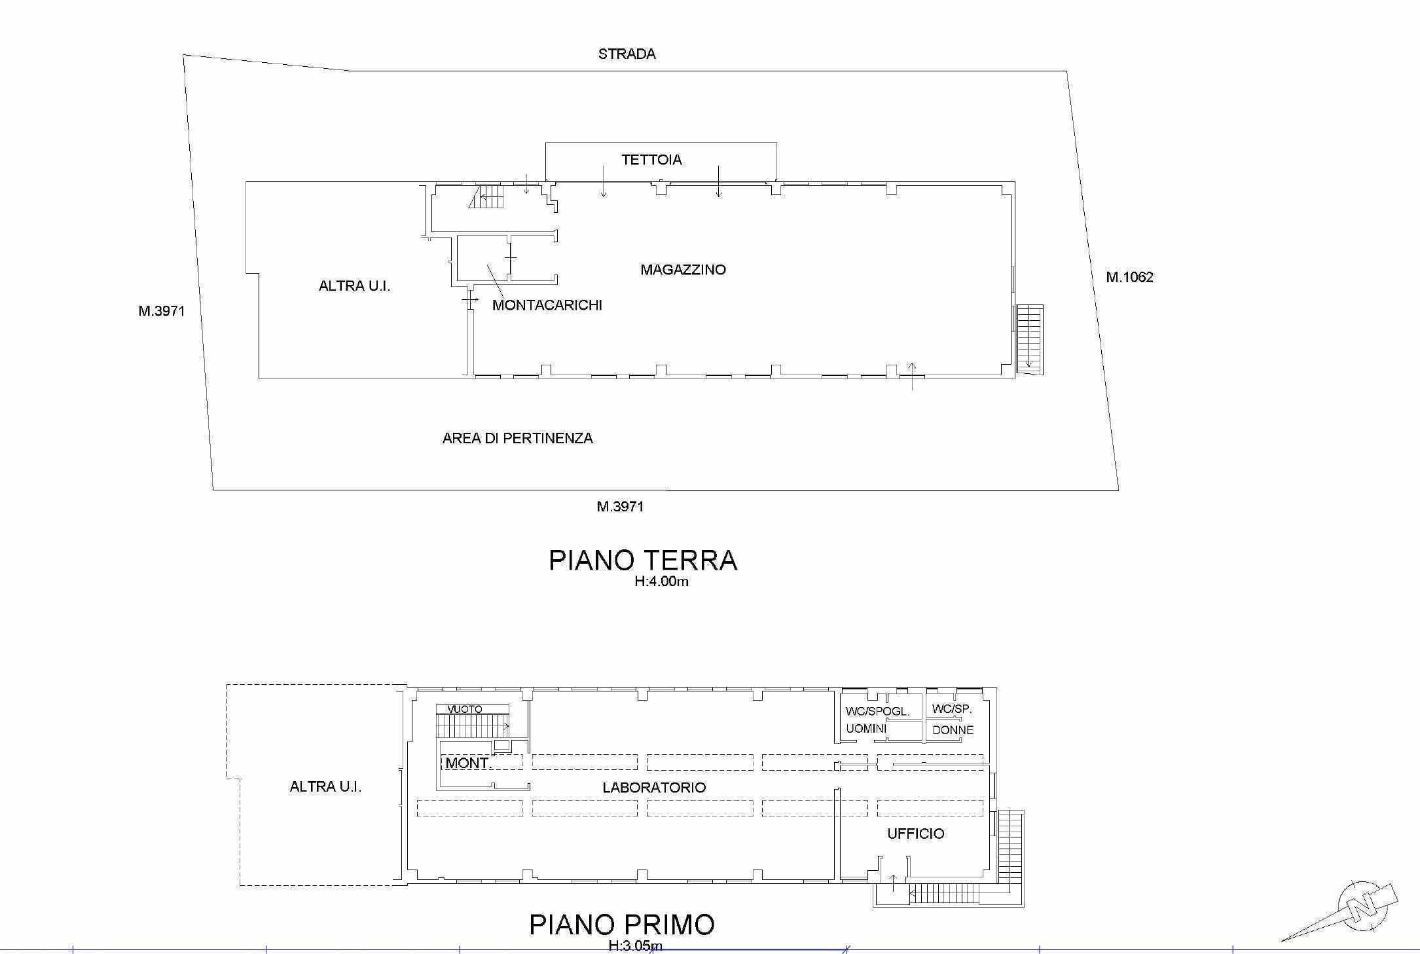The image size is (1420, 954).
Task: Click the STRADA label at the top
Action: pyautogui.click(x=627, y=54)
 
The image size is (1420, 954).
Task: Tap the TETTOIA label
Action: pyautogui.click(x=651, y=160)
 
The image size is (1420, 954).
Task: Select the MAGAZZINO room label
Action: pyautogui.click(x=683, y=270)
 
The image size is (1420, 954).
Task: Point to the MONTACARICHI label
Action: pyautogui.click(x=547, y=305)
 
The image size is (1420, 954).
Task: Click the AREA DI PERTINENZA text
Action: pyautogui.click(x=517, y=439)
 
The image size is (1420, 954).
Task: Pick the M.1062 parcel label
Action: pyautogui.click(x=1129, y=278)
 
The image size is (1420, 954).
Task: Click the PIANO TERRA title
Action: pyautogui.click(x=643, y=560)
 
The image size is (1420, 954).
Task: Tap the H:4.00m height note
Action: pyautogui.click(x=661, y=581)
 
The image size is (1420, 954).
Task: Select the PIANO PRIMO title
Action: pyautogui.click(x=621, y=925)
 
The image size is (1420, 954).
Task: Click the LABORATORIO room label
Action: pyautogui.click(x=654, y=788)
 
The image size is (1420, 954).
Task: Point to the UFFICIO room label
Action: pyautogui.click(x=915, y=834)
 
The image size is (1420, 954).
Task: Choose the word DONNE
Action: pyautogui.click(x=953, y=730)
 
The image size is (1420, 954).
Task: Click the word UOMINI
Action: pyautogui.click(x=866, y=729)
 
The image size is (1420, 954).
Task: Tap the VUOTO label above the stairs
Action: pyautogui.click(x=465, y=709)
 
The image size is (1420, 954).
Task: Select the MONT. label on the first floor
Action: pyautogui.click(x=468, y=763)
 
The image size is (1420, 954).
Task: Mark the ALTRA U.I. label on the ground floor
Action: pyautogui.click(x=354, y=286)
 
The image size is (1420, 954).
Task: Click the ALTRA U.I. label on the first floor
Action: pyautogui.click(x=325, y=787)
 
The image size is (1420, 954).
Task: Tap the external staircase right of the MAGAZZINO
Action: pyautogui.click(x=1029, y=340)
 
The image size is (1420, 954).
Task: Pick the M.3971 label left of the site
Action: pyautogui.click(x=161, y=312)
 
